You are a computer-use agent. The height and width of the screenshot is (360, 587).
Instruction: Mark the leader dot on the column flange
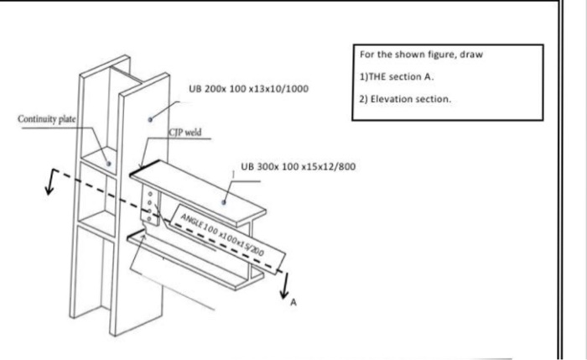point(151,120)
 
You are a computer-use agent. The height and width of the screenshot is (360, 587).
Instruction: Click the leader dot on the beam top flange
point(225,202)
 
